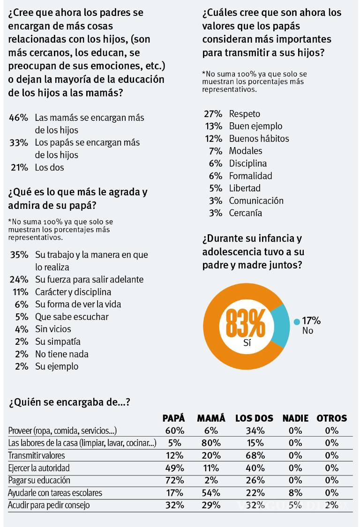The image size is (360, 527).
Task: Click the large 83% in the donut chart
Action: [x=245, y=323]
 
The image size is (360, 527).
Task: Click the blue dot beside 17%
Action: [x=296, y=322]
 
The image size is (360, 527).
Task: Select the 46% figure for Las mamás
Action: [x=19, y=118]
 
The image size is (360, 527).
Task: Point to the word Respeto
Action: [x=244, y=114]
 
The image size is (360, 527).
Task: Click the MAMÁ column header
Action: [x=211, y=418]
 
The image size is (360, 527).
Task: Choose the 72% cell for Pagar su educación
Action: [x=173, y=480]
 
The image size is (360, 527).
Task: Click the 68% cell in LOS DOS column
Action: [x=254, y=455]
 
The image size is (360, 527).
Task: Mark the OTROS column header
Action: [x=331, y=418]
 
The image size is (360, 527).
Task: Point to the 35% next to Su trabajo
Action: [x=19, y=255]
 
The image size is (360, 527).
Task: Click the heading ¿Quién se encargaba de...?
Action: [x=69, y=402]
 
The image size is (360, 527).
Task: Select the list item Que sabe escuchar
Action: [x=72, y=317]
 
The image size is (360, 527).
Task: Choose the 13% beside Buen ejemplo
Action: [x=213, y=126]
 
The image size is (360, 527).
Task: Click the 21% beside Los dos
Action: [x=19, y=167]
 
